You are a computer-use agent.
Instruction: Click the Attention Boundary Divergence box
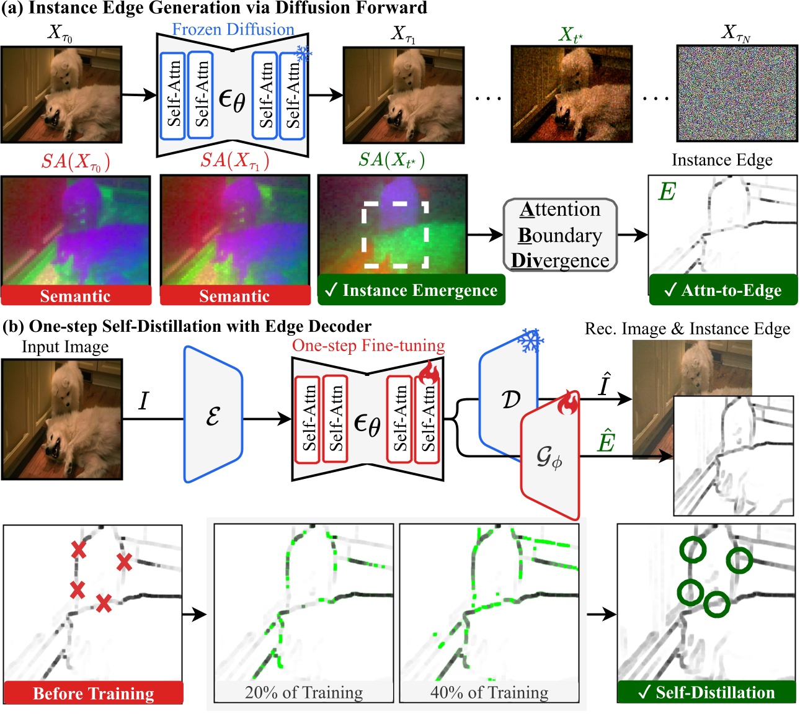tap(560, 235)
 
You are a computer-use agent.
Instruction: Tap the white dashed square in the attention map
tap(395, 234)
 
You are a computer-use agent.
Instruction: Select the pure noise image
tap(737, 93)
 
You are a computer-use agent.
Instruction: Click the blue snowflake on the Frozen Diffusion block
tap(303, 54)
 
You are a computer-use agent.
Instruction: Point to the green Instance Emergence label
tap(411, 290)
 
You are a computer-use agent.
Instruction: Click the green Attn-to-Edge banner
tap(723, 290)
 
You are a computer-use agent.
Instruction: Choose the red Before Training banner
tap(94, 692)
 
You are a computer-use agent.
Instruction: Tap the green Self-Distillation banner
tap(706, 692)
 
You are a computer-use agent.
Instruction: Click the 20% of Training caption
tap(304, 692)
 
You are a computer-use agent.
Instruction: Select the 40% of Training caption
tap(489, 692)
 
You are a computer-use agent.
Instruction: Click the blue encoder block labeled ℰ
tap(213, 415)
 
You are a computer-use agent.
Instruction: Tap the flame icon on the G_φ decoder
tap(568, 403)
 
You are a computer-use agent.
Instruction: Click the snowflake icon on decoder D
tap(530, 341)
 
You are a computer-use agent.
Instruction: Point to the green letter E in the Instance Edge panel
tap(667, 192)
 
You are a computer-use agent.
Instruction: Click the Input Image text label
tap(65, 347)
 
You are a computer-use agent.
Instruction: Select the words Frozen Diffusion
tap(233, 29)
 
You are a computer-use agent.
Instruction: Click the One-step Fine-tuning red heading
tap(368, 346)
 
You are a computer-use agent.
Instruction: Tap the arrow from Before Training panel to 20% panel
tap(195, 615)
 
